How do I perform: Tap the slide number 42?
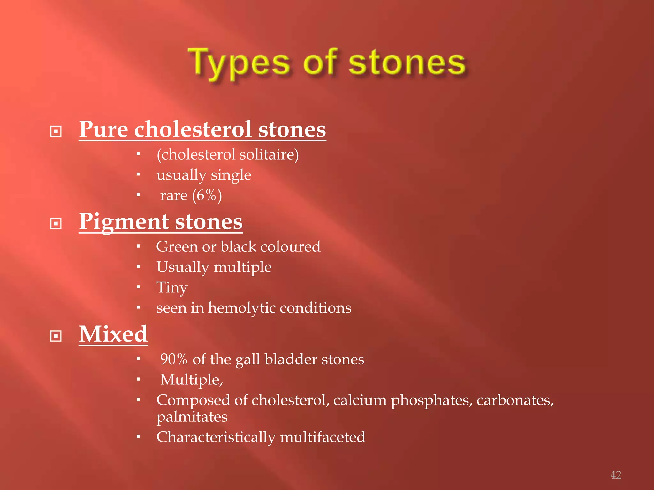615,475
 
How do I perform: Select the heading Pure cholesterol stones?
202,130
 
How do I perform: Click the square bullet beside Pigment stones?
56,223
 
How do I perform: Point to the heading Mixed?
113,334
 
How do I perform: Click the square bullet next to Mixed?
56,336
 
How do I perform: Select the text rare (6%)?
191,195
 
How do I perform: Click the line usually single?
204,175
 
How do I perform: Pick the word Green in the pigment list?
177,247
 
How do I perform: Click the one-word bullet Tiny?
172,287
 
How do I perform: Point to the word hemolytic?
241,308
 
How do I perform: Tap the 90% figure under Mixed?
173,360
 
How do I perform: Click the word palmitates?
192,417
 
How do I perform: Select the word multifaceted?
323,437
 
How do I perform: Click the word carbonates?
515,400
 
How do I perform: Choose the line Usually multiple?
214,267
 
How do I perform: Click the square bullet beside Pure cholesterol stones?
56,131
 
